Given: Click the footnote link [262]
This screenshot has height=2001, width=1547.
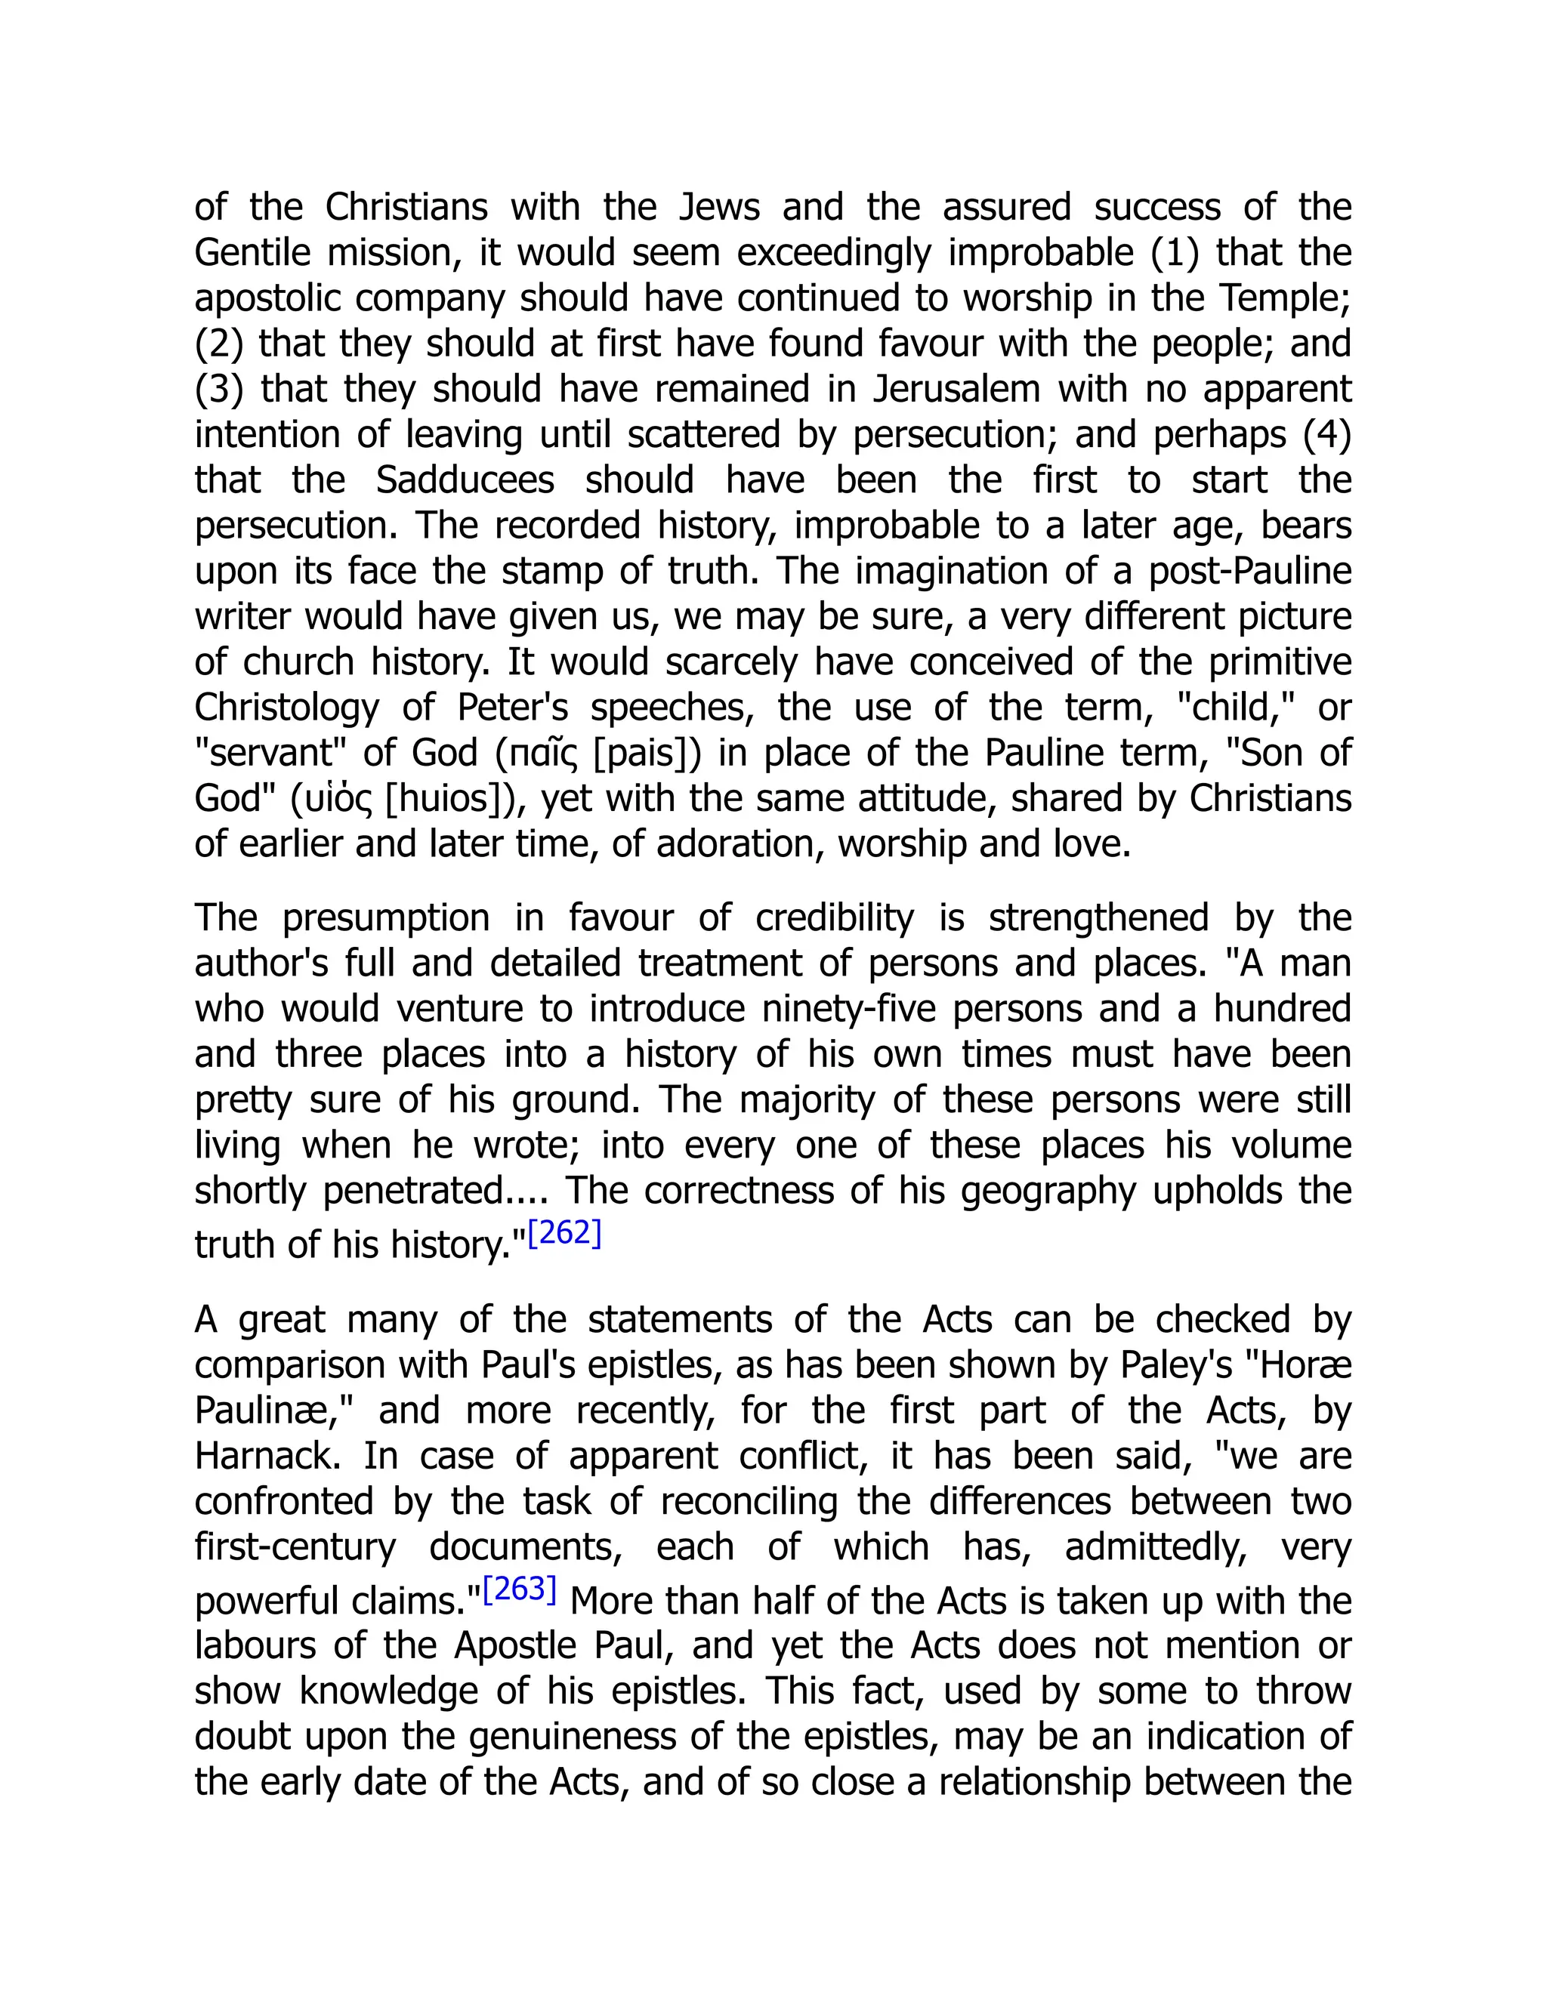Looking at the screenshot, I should click(x=564, y=1233).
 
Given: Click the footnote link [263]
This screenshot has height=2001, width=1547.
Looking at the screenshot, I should click(x=520, y=1589).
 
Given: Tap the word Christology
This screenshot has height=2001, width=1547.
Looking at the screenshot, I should click(x=286, y=708).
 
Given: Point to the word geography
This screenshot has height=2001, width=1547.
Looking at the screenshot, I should click(x=1048, y=1191).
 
